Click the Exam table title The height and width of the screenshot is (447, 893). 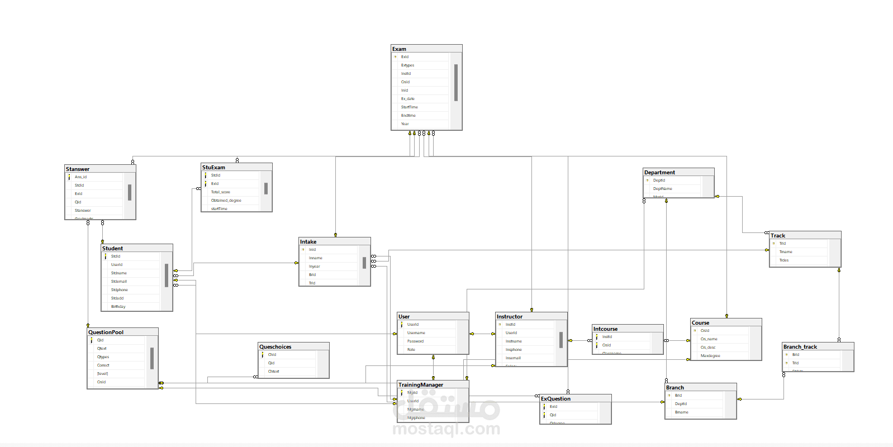400,49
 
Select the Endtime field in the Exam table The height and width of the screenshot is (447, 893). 408,116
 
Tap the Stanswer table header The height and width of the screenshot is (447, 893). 78,169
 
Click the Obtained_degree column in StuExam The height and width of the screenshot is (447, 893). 226,201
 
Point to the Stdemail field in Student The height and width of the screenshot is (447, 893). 119,282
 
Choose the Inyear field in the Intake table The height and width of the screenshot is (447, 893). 315,267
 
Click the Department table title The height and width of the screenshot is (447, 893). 659,173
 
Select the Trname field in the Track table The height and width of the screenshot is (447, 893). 786,252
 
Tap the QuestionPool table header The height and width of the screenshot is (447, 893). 106,332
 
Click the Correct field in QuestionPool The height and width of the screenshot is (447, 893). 103,365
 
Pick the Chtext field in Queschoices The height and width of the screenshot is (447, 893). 273,372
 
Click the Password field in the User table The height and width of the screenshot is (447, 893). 415,341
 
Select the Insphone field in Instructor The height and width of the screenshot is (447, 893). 514,350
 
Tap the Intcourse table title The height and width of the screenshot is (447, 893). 605,329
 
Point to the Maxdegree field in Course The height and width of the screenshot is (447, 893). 710,356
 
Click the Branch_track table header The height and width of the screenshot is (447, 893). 800,347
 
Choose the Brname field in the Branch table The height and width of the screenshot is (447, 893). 682,412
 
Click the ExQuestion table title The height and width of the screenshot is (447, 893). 555,399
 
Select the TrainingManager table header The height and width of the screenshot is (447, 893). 421,385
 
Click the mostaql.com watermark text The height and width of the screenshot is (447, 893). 446,429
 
